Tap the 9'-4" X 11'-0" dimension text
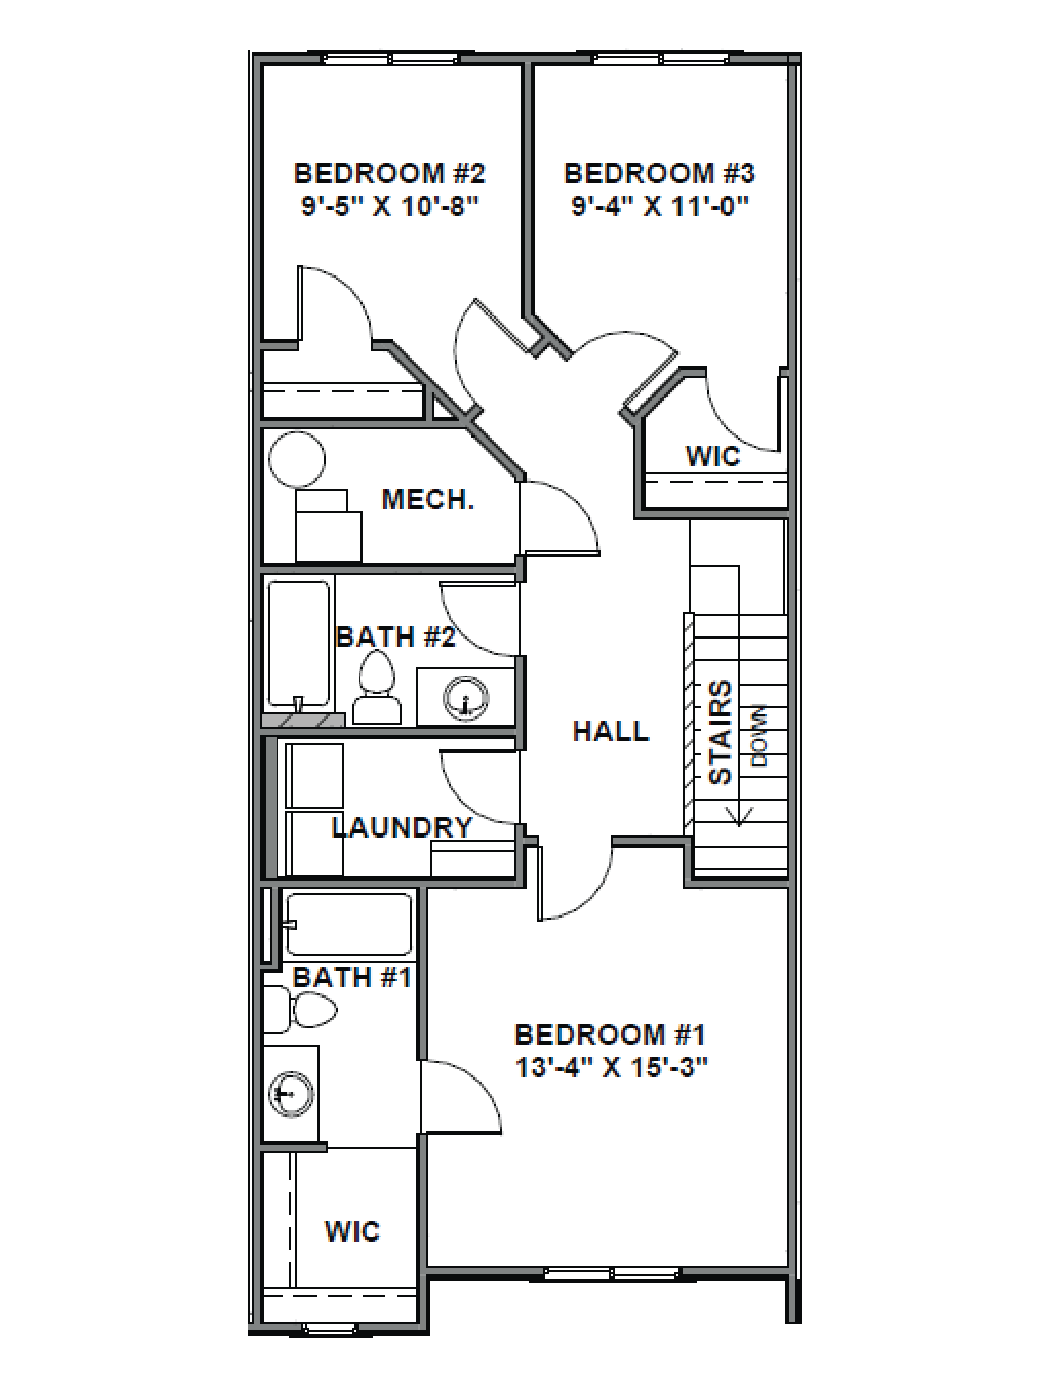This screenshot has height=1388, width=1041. [660, 206]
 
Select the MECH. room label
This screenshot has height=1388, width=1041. [428, 499]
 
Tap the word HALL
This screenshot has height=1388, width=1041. [611, 731]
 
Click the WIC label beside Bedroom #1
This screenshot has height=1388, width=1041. [352, 1232]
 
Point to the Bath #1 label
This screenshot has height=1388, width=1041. [351, 978]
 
